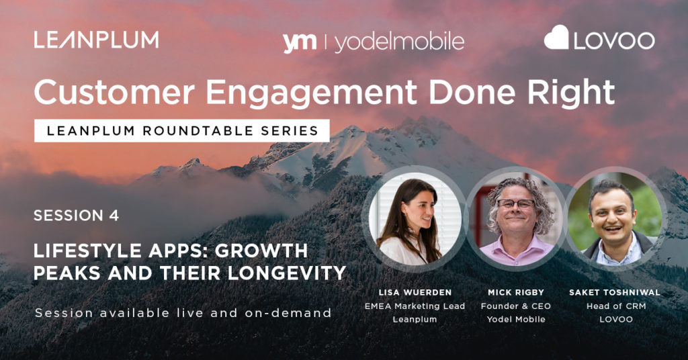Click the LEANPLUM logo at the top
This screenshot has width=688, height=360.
pyautogui.click(x=97, y=40)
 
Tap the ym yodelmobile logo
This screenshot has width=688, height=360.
pyautogui.click(x=374, y=42)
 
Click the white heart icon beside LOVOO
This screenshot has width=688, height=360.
pyautogui.click(x=556, y=37)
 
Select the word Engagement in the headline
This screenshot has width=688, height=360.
pyautogui.click(x=312, y=93)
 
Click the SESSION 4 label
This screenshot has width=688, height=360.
pyautogui.click(x=77, y=216)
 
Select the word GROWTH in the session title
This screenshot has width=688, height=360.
pyautogui.click(x=261, y=251)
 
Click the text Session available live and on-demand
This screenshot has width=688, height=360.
pyautogui.click(x=183, y=312)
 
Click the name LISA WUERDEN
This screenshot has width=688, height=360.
pyautogui.click(x=415, y=292)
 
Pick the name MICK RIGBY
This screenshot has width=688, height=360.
pyautogui.click(x=516, y=292)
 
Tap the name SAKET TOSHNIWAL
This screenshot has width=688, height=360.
pyautogui.click(x=615, y=292)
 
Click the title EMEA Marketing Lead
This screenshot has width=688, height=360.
pyautogui.click(x=415, y=306)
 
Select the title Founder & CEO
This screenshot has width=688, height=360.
pyautogui.click(x=516, y=306)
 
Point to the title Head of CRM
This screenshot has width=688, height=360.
pyautogui.click(x=616, y=306)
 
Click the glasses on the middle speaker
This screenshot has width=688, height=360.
pyautogui.click(x=515, y=204)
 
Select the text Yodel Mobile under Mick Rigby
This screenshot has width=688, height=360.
pyautogui.click(x=516, y=319)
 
